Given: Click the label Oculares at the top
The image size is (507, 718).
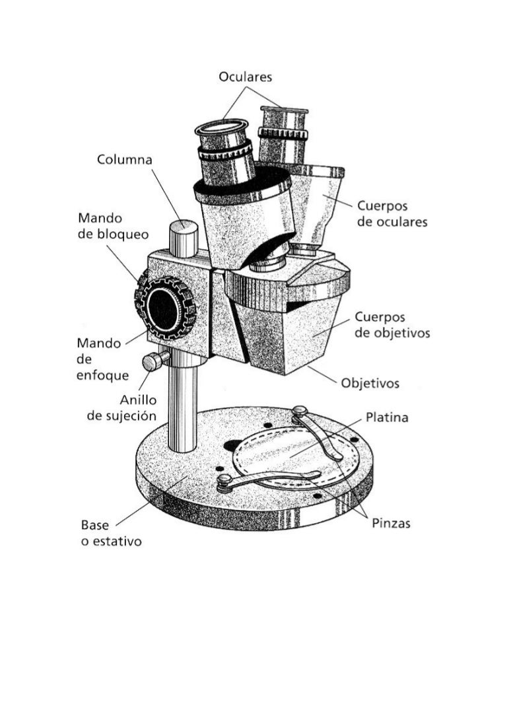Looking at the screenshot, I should (245, 77).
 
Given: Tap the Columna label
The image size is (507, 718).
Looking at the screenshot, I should (125, 160).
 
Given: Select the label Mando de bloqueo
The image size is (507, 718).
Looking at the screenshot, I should (113, 226).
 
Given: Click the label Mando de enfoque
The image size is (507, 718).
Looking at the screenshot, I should (99, 359).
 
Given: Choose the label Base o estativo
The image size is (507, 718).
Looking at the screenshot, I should (111, 534).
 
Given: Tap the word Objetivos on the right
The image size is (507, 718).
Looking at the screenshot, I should (370, 383).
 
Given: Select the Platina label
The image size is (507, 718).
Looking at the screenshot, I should (387, 417).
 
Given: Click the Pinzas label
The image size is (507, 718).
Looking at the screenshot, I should (389, 523).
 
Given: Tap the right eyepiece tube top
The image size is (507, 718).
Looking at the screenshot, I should (284, 110).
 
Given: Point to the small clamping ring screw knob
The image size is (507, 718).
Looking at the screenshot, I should (154, 361).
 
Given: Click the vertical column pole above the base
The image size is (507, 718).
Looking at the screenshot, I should (183, 410).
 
